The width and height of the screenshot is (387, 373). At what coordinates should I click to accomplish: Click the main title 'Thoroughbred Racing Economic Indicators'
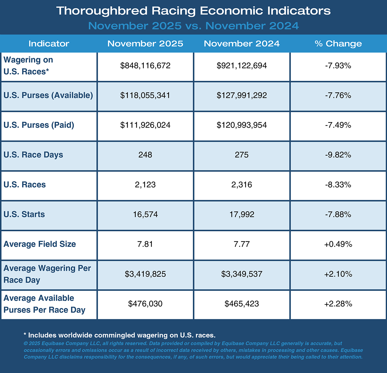point(193,11)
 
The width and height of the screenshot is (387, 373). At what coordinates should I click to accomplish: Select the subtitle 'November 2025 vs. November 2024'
point(193,26)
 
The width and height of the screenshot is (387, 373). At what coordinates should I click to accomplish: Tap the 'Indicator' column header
point(49,44)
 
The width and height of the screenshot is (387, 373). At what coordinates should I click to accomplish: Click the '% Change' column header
point(338,44)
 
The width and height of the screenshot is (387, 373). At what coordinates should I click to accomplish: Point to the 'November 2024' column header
point(242,44)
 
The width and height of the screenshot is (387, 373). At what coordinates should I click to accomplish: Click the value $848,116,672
point(145,66)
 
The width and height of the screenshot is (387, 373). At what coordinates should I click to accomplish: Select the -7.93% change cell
point(338,66)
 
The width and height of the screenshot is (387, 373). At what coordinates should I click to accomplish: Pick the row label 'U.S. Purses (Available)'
point(48,95)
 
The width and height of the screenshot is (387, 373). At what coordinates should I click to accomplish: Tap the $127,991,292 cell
point(242,95)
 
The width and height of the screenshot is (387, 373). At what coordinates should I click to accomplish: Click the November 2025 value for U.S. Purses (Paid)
point(145,125)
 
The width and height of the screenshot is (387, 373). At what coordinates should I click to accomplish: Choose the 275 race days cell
point(242,155)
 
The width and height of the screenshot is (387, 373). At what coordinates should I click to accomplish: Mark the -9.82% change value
point(338,155)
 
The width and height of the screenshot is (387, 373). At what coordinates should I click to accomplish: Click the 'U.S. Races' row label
point(25,185)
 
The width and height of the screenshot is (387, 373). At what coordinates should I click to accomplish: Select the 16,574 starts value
point(145,215)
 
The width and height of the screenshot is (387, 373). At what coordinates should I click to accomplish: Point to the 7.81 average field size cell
point(145,244)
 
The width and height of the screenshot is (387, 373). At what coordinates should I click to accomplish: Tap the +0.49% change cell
point(338,244)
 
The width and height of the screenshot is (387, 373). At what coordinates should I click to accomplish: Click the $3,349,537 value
point(242,274)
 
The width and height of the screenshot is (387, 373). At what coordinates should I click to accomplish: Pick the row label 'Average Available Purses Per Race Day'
point(44,304)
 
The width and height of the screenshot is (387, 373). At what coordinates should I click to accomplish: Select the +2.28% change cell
point(338,304)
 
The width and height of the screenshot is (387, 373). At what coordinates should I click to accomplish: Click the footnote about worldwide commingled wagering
point(119,335)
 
